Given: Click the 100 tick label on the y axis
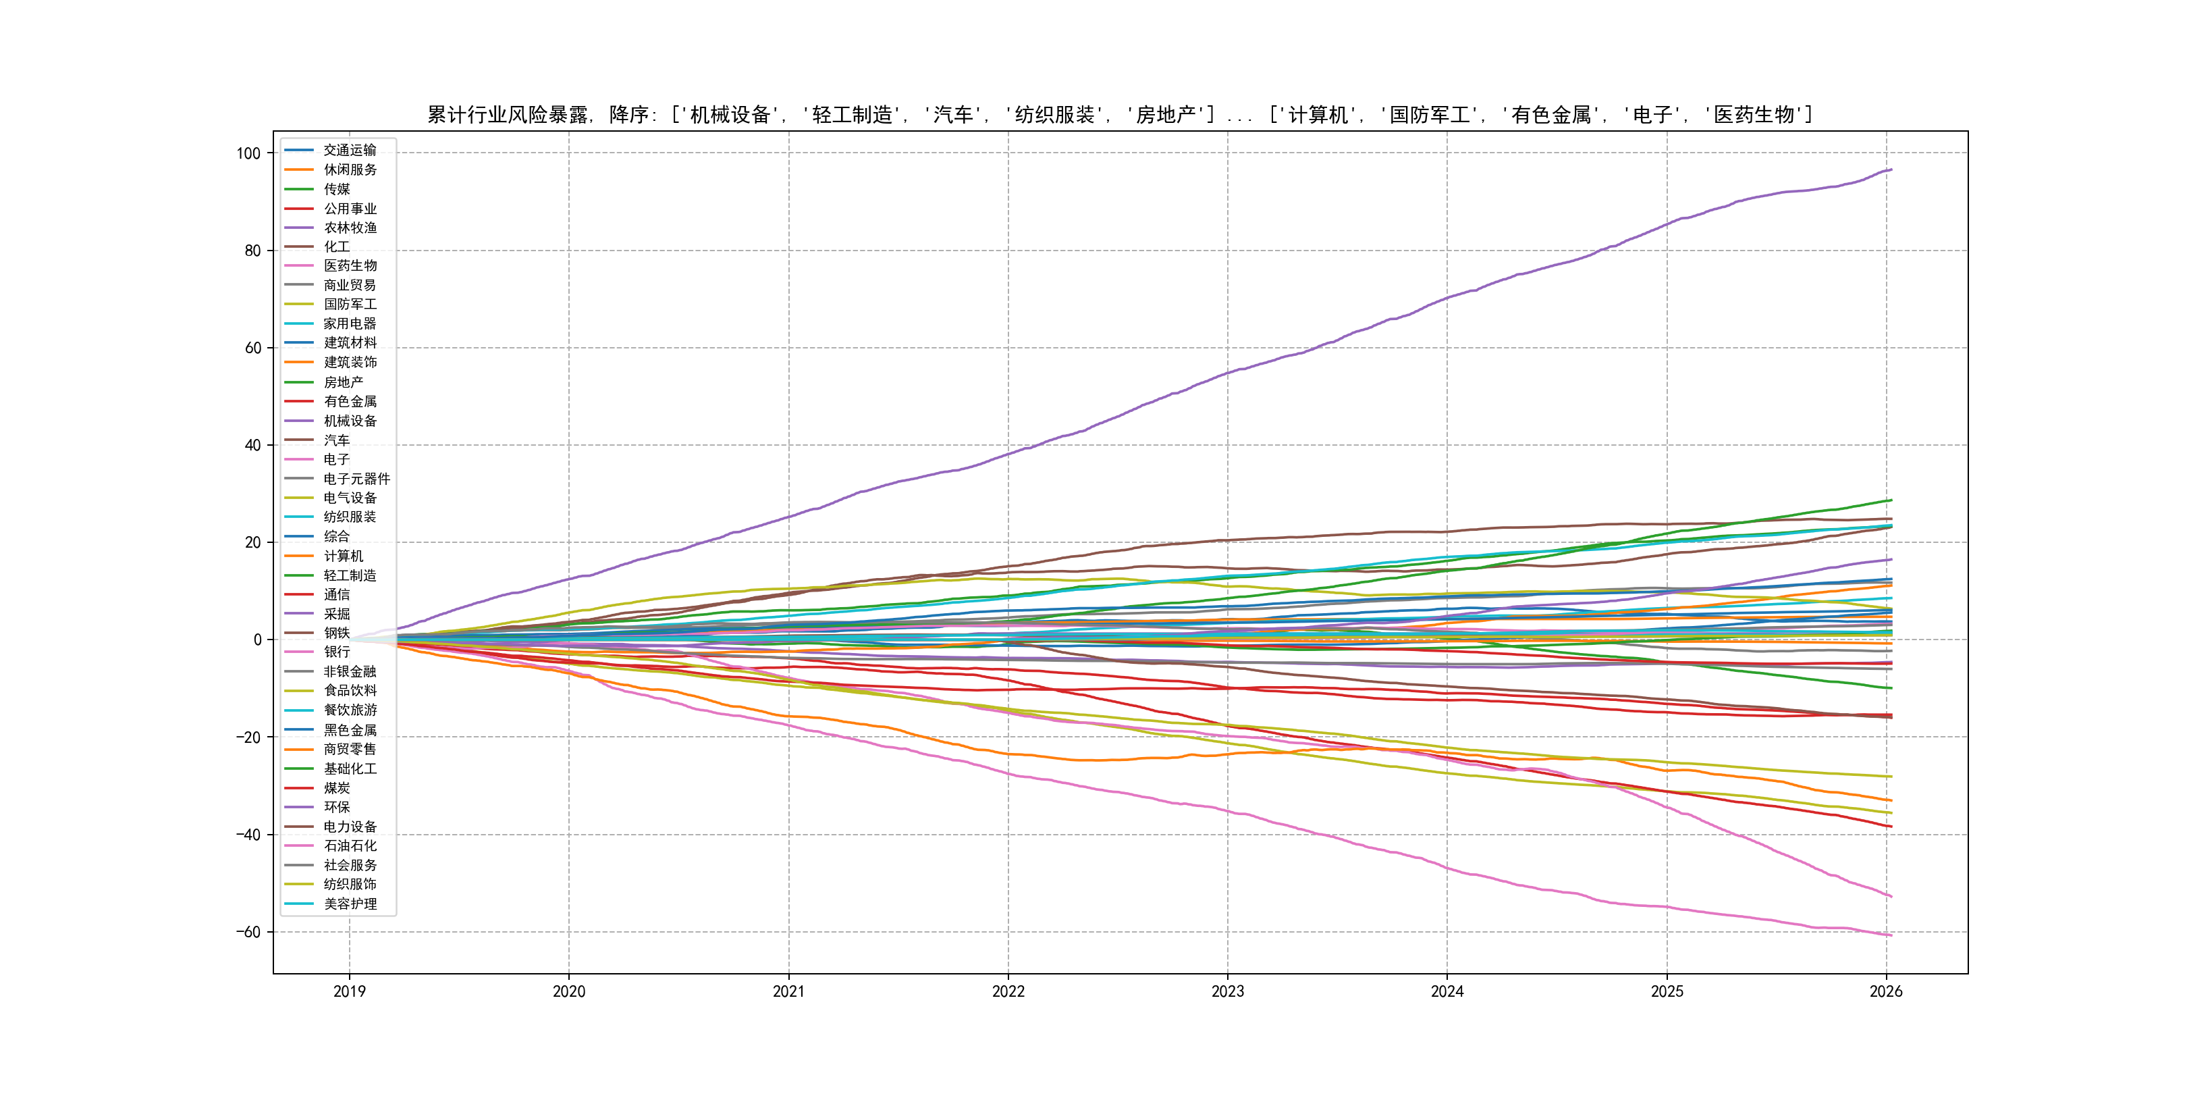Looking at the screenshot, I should click(x=249, y=154).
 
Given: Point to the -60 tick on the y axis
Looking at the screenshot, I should click(x=249, y=933).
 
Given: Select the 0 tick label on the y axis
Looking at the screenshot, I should click(x=257, y=640).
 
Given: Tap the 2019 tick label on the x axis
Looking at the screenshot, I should click(x=349, y=991).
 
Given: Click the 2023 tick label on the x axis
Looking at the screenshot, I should click(x=1228, y=991).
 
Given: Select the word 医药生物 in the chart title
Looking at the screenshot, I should click(x=1753, y=115).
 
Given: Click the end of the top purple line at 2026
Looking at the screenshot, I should click(x=1891, y=170).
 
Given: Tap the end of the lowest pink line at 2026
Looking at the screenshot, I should click(x=1891, y=935).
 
